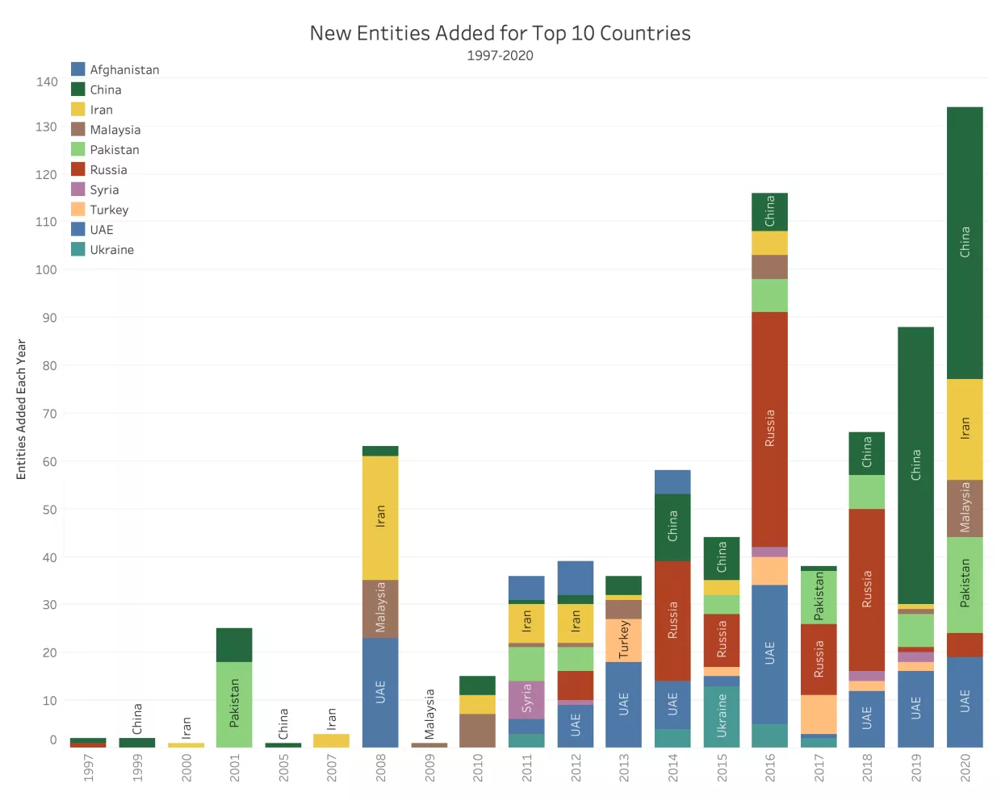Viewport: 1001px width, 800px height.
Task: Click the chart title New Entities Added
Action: pyautogui.click(x=500, y=33)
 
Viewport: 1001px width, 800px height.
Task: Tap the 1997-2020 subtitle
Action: pyautogui.click(x=500, y=56)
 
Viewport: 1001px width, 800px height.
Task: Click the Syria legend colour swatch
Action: pyautogui.click(x=78, y=190)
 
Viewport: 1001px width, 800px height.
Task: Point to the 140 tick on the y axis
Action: pyautogui.click(x=47, y=81)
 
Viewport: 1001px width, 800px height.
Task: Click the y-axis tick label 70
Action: pyautogui.click(x=49, y=414)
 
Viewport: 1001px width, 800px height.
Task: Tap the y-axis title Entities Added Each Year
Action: pyautogui.click(x=22, y=409)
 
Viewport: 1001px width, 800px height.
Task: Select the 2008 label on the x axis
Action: pyautogui.click(x=380, y=767)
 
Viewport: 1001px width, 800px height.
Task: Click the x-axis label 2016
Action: pyautogui.click(x=769, y=767)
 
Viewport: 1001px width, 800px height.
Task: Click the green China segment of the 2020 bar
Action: pyautogui.click(x=965, y=242)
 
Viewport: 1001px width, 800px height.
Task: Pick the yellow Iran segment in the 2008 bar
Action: pyautogui.click(x=380, y=517)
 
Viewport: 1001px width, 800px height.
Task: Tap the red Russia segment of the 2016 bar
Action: pyautogui.click(x=769, y=428)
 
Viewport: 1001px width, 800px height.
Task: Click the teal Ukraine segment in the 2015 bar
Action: pyautogui.click(x=721, y=715)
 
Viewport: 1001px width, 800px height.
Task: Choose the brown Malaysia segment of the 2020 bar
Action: pyautogui.click(x=965, y=508)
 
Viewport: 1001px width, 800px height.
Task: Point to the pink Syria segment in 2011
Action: pyautogui.click(x=526, y=699)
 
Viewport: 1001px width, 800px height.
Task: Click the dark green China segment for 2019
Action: pyautogui.click(x=915, y=465)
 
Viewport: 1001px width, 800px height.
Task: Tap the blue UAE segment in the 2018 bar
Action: pyautogui.click(x=866, y=718)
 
